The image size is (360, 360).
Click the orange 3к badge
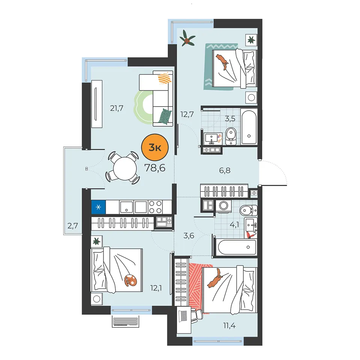point(155,147)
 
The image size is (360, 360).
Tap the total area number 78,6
point(155,168)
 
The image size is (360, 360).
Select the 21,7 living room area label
point(117,108)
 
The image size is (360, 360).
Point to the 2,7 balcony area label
point(73,226)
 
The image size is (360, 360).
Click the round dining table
point(125,168)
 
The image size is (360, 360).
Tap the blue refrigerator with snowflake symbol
point(99,207)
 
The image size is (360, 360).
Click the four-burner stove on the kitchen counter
point(155,207)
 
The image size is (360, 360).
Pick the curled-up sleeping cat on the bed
point(130,280)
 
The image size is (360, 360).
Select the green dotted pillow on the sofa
point(165,116)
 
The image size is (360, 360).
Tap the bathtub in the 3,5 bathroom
point(249,126)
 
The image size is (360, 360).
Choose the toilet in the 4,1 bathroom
point(248,210)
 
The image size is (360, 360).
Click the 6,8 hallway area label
point(225,170)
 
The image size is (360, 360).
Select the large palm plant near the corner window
point(187,38)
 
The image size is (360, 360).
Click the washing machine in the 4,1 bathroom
point(223,206)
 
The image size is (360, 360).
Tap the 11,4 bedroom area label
point(229,325)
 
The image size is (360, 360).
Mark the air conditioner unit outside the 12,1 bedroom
point(126,321)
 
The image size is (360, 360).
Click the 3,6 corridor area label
point(189,235)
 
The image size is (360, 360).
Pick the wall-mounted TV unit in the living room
point(97,104)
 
